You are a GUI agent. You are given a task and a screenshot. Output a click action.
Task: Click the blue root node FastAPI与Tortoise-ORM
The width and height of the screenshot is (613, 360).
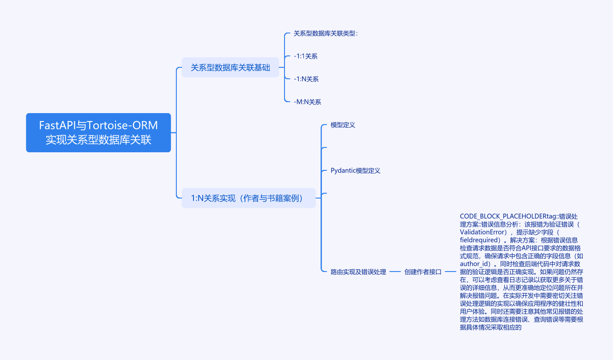98,132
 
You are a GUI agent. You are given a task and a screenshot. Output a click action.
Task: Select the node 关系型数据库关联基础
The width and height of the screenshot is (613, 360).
230,67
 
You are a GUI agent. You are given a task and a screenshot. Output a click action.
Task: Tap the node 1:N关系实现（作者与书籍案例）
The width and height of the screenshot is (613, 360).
248,198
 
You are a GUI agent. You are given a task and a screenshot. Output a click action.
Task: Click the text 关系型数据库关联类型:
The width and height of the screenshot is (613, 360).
326,33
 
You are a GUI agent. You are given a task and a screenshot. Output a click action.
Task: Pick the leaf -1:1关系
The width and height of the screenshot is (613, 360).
306,56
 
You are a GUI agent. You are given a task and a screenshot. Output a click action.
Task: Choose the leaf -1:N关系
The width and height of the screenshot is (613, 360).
306,79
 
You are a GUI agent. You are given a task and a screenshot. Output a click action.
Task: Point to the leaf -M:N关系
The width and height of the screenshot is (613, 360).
307,102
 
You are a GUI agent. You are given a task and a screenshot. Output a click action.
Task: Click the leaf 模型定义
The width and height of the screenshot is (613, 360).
343,125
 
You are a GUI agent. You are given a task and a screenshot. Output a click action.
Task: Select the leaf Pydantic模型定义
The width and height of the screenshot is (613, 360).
355,171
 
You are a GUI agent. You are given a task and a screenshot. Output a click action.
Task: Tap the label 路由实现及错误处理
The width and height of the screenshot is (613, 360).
358,272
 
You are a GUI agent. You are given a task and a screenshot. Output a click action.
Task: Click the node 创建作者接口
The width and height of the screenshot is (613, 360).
423,272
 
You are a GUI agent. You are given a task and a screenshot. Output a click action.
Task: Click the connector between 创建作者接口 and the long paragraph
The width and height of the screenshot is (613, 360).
450,272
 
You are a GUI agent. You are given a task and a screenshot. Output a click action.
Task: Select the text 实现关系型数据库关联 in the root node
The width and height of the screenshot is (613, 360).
98,140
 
